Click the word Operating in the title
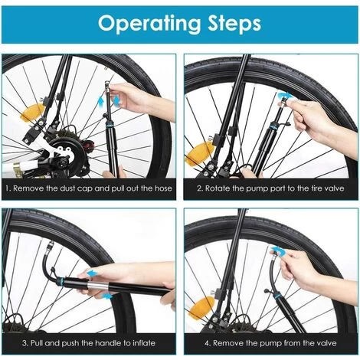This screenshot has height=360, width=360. coord(149,24)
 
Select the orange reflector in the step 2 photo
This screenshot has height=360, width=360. coord(200,153)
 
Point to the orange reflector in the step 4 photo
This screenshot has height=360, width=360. coord(201,308)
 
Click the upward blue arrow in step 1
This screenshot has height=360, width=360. coord(101,103)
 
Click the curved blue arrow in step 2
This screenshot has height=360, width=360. coord(283,97)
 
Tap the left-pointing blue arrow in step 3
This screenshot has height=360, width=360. coord(93,273)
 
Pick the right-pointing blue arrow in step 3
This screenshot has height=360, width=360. coord(106,296)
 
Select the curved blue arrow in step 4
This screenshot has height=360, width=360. coord(278,251)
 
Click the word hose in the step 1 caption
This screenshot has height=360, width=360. coord(163,188)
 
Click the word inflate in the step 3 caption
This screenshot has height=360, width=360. coord(144,342)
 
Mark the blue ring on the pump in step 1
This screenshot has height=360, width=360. coord(110,125)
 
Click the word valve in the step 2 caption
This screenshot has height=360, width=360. coord(334,188)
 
